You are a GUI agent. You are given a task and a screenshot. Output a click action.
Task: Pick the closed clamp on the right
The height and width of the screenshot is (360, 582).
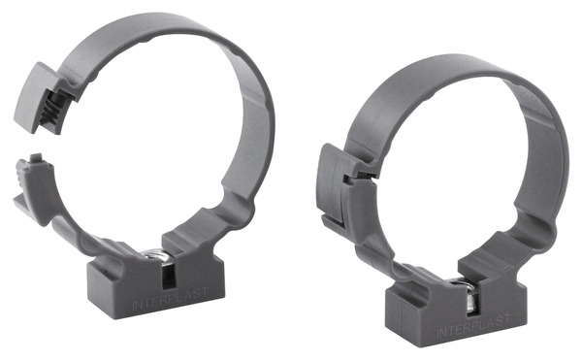446,194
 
